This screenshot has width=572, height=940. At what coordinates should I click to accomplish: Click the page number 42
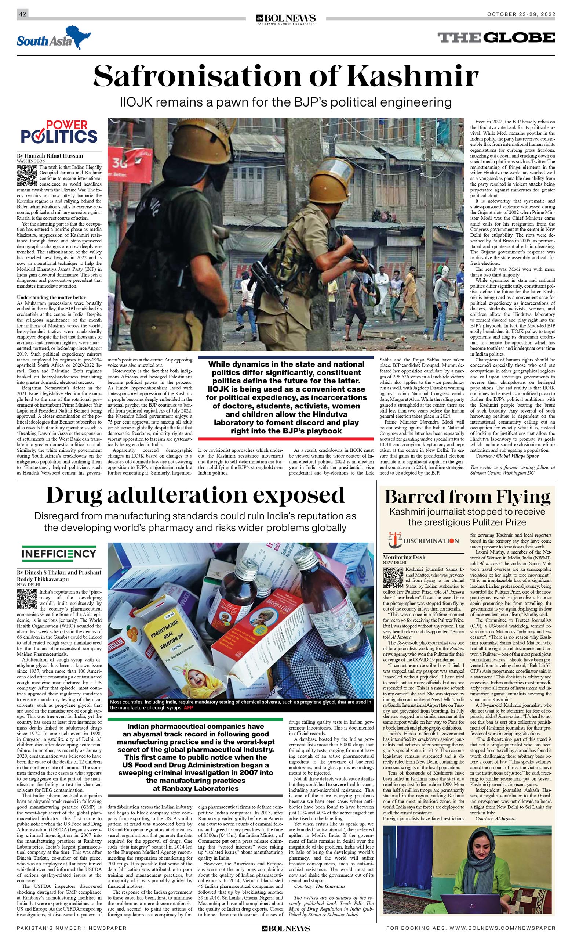pos(22,14)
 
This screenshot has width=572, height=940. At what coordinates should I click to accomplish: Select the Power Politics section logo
pos(59,132)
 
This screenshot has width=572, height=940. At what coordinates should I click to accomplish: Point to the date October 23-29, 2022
pos(521,14)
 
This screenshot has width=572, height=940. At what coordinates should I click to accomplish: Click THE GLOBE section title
pos(496,37)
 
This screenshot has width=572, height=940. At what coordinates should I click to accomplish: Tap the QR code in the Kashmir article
pos(27,176)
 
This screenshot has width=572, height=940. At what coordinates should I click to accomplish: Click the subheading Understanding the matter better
pos(51,297)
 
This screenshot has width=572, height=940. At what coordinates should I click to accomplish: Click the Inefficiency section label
pos(59,554)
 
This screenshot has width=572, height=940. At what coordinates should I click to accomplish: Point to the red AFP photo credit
pos(188,708)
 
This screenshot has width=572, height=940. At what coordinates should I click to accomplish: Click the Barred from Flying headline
pos(467,497)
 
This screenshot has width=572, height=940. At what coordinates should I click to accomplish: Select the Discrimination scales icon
pos(394,540)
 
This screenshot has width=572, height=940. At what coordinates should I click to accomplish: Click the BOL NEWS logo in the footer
pos(286,929)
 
